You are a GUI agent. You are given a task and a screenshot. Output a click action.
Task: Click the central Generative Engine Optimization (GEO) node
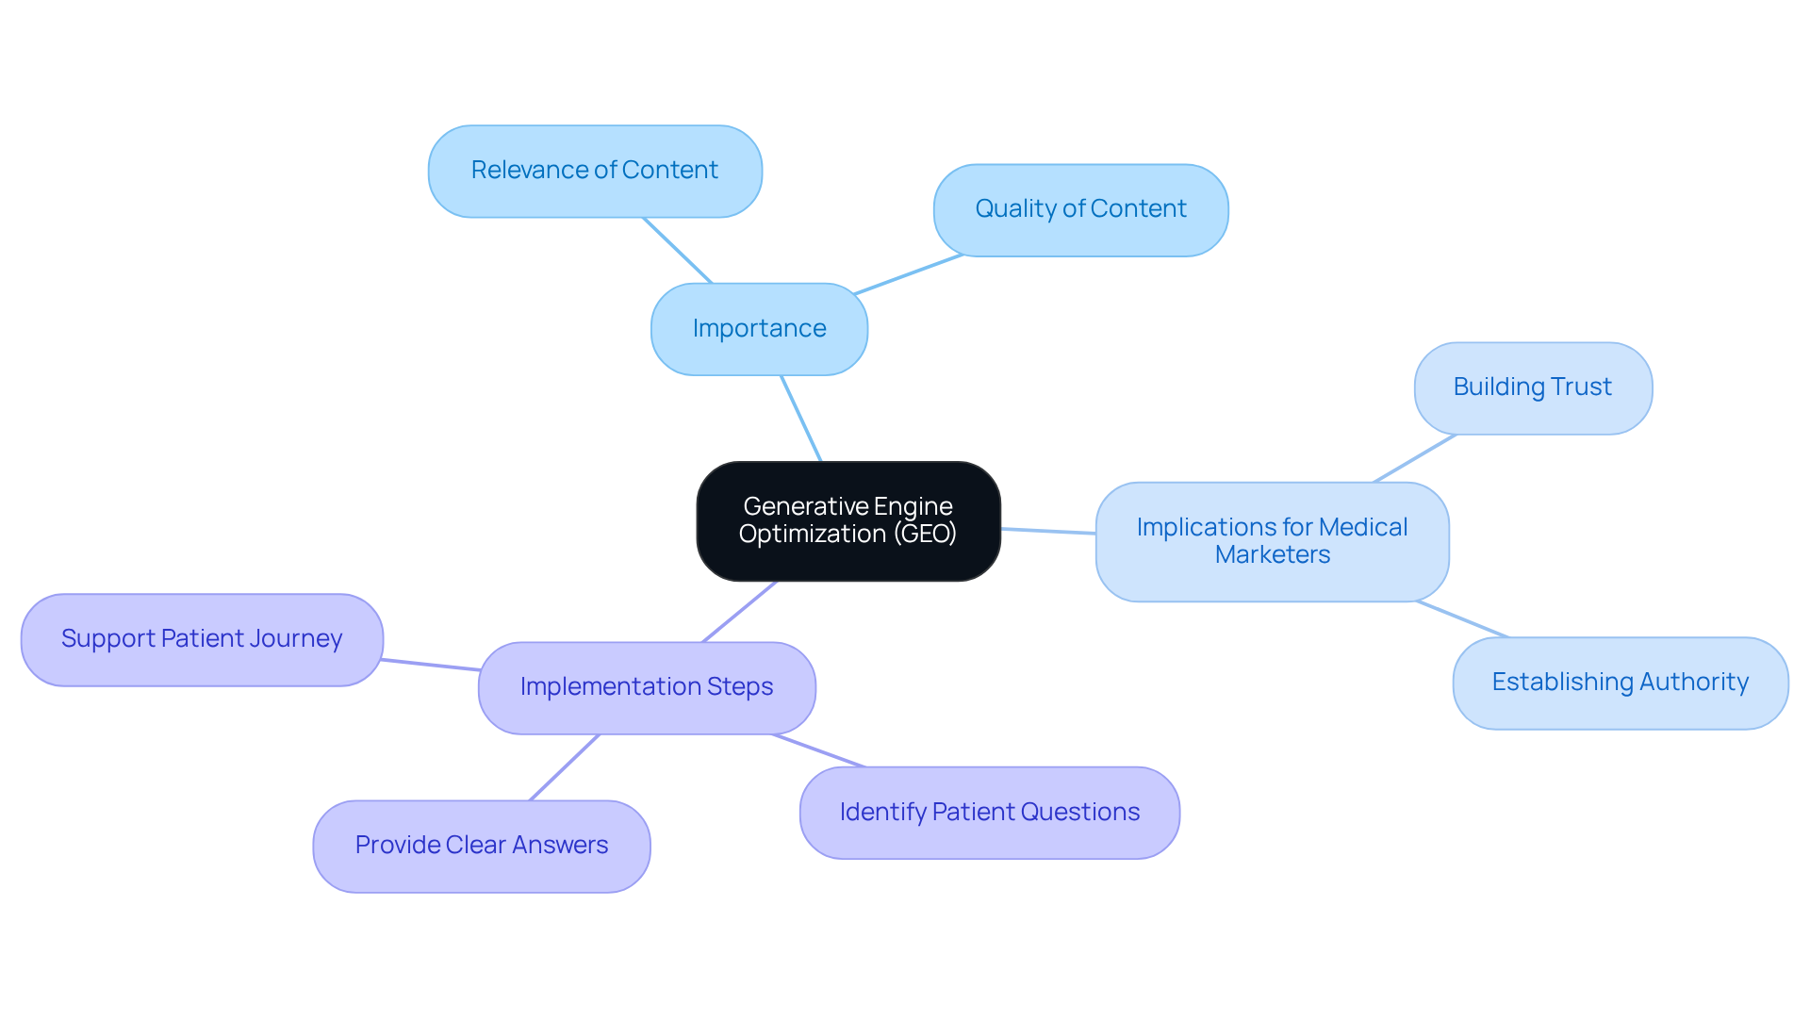coord(847,520)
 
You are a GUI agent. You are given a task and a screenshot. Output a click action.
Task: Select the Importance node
coord(759,329)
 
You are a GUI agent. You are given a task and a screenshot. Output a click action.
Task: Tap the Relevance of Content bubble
coord(594,171)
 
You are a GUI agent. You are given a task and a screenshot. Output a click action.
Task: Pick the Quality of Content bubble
coord(1080,209)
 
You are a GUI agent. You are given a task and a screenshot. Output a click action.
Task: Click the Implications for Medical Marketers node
coord(1272,541)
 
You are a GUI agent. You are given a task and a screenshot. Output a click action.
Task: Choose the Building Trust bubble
coord(1533,387)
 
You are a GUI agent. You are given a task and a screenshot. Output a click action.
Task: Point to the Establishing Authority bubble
coord(1620,683)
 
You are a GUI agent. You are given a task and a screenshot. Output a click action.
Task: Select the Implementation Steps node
coord(647,687)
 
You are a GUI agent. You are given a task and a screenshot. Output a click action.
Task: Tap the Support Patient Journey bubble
coord(202,639)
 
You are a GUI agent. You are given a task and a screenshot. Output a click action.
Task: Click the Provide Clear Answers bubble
coord(481,846)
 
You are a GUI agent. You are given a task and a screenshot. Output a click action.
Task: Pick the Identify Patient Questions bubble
coord(989,812)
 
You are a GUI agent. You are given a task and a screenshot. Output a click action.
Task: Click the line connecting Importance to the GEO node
coord(801,419)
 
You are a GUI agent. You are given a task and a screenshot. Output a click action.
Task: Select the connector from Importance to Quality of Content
coord(908,274)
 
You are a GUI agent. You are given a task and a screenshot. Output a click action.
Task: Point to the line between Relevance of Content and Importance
coord(677,250)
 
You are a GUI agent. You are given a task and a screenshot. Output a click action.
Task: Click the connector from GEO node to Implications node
coord(1047,531)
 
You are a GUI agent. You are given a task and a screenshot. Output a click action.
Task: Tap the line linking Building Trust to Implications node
coord(1415,458)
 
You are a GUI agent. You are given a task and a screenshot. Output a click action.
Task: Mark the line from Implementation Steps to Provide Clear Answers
coord(564,767)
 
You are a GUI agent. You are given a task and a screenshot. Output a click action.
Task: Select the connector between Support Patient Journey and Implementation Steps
coord(431,665)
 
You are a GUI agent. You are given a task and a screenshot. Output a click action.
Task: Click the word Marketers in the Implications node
coord(1272,555)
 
